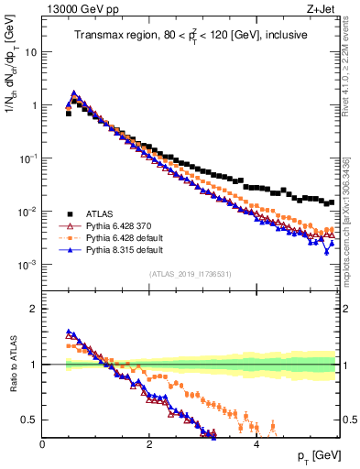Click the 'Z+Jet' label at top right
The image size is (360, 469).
[x=324, y=10]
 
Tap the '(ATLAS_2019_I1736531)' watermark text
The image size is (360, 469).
[x=191, y=273]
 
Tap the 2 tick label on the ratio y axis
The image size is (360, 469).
[x=33, y=309]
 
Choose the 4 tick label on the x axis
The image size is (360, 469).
[x=256, y=443]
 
